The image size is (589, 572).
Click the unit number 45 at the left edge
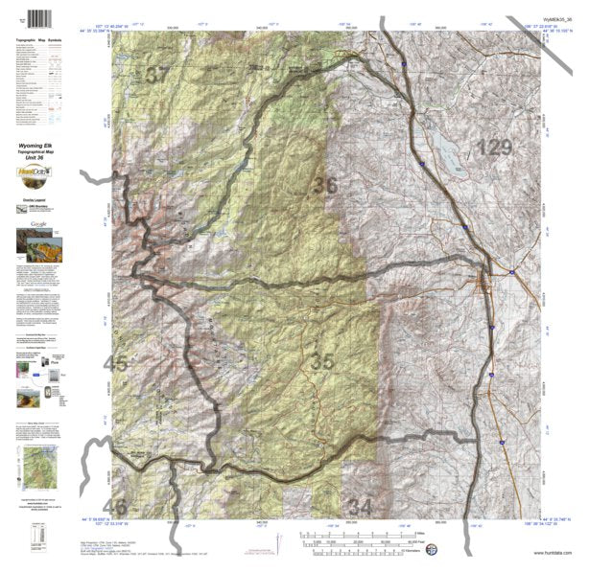pos(115,363)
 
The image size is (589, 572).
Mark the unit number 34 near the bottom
pos(360,505)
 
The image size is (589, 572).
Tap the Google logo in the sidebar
pos(39,223)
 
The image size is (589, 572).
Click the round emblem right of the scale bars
pos(431,550)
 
